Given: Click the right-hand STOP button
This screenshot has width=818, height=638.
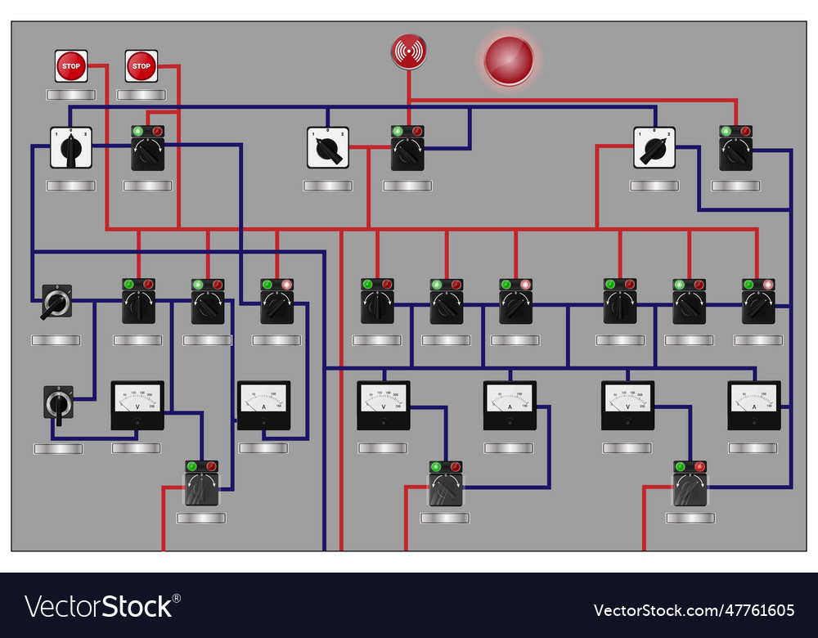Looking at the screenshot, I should (x=142, y=66).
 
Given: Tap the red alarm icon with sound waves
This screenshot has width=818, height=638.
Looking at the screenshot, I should (x=408, y=52).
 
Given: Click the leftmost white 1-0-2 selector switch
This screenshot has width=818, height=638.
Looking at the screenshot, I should (x=70, y=148).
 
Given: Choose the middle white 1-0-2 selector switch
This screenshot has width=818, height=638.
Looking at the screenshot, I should (x=328, y=148).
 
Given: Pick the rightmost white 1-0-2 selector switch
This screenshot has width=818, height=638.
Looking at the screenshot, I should (x=654, y=148).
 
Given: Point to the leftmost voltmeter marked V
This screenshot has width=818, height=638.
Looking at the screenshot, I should (x=137, y=405).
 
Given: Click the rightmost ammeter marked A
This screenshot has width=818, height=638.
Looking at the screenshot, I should (x=754, y=405).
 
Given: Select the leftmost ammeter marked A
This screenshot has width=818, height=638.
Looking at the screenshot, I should (x=263, y=405).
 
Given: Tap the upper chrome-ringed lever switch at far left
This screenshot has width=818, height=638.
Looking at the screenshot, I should (x=56, y=303).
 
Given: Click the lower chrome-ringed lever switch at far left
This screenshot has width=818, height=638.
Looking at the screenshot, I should (x=58, y=402).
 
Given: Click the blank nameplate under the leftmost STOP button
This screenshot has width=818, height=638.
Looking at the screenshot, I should (x=70, y=95).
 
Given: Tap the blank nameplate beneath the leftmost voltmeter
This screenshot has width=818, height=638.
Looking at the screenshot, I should (x=137, y=448).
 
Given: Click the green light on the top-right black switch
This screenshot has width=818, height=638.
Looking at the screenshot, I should (x=726, y=131).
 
